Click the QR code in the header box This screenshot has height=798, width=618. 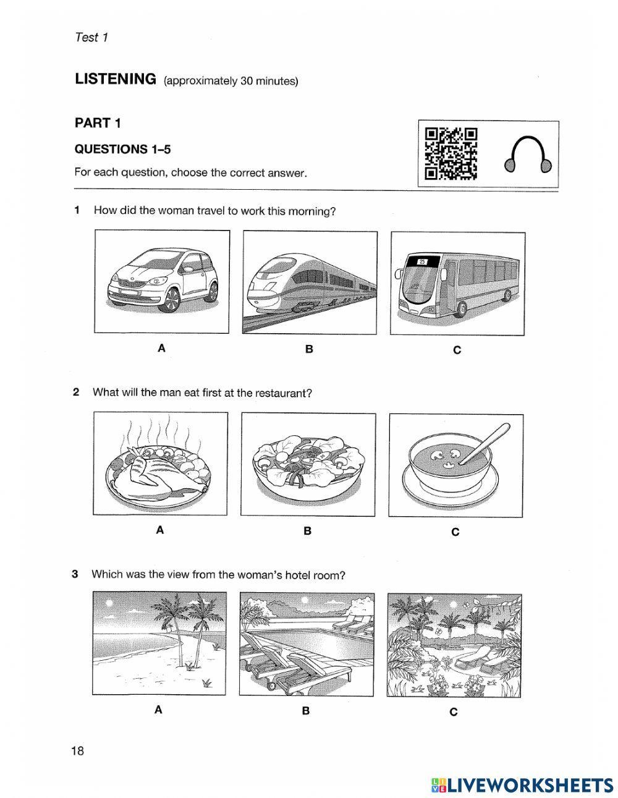coord(451,153)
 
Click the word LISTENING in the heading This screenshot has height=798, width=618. coord(115,79)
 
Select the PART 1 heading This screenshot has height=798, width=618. coord(98,123)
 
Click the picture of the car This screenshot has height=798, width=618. coord(162,281)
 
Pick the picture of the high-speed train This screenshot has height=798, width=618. coord(309,282)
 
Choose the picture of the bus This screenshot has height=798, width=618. coord(457,283)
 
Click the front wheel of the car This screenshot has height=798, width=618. coord(171,300)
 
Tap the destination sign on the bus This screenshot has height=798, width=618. coord(423,261)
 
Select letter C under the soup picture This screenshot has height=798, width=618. coord(455,532)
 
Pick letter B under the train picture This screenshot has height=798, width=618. coord(309,349)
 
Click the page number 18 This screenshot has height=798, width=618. coord(77,751)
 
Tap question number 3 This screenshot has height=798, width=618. coord(75,574)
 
